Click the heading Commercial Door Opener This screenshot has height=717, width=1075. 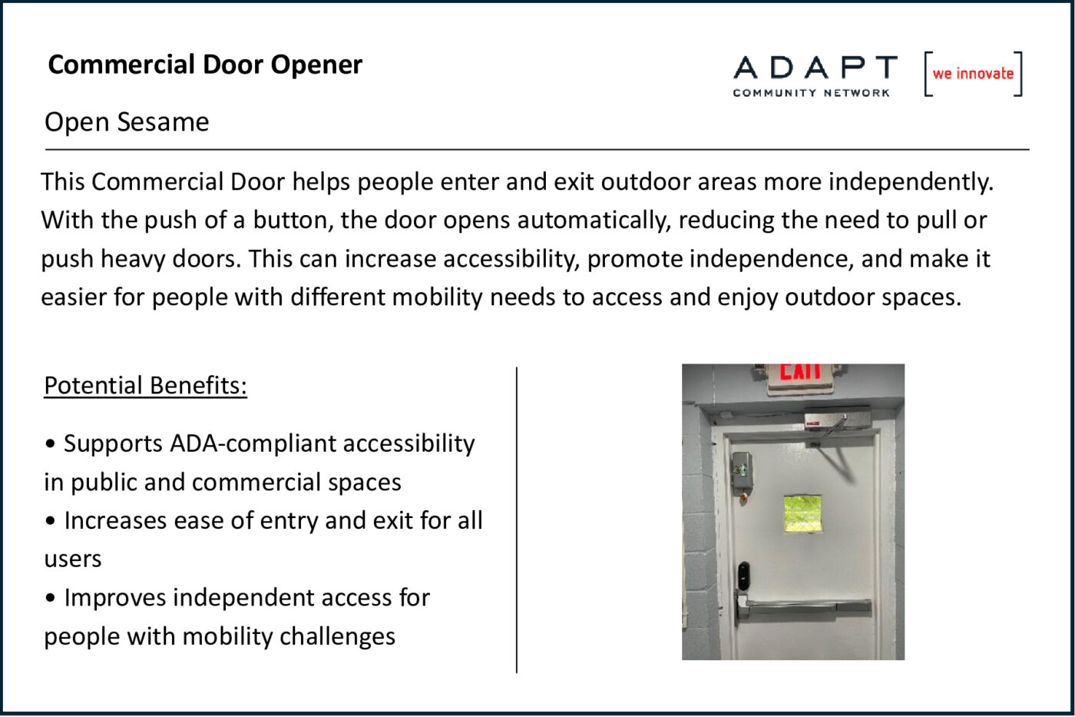[205, 65]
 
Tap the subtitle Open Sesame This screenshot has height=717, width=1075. [127, 122]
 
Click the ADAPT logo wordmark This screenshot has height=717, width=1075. [815, 67]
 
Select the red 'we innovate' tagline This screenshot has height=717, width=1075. [973, 74]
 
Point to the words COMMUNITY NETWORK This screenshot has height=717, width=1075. [811, 93]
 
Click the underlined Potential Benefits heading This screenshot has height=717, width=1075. [145, 386]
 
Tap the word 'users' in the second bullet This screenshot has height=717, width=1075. [73, 559]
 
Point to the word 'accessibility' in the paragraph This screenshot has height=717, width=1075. [511, 259]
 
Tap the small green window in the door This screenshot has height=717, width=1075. [802, 514]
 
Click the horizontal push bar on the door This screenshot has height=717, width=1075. [804, 608]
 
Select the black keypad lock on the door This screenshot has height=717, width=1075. [743, 576]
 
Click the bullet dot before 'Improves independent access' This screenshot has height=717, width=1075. [51, 599]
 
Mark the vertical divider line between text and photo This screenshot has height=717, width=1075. [516, 520]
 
